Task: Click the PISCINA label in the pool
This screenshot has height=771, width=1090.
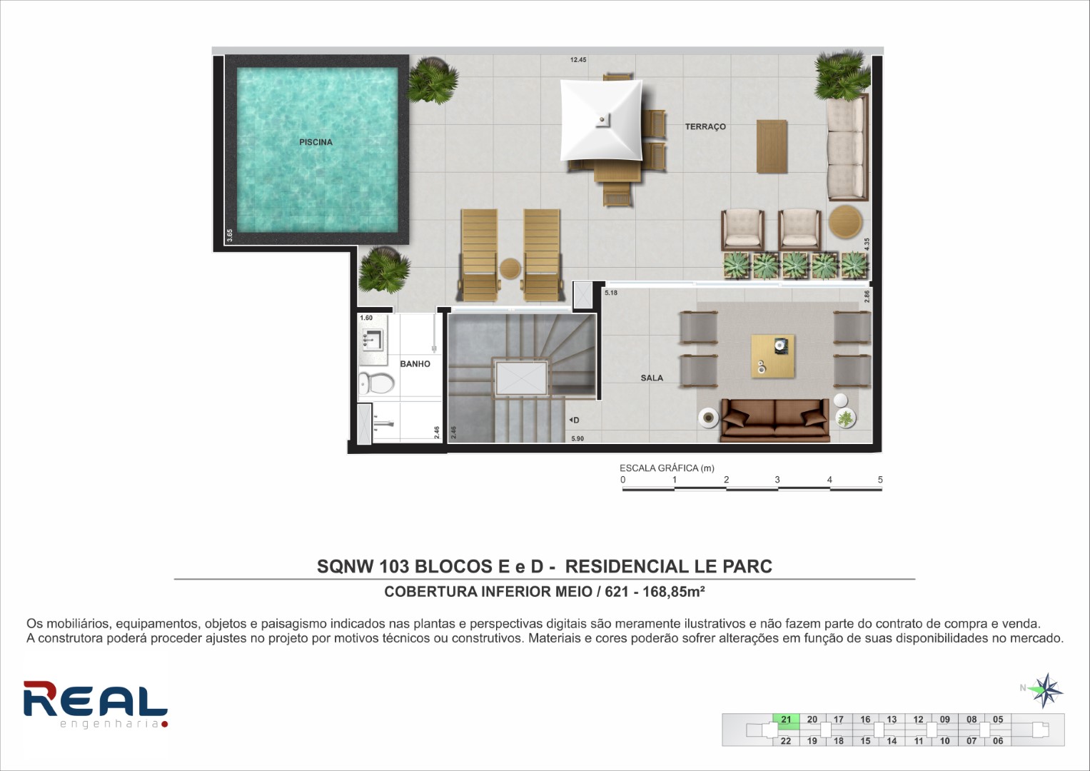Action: click(x=316, y=142)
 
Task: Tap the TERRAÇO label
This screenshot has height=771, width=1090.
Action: click(x=705, y=126)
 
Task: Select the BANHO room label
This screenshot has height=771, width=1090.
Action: click(x=415, y=363)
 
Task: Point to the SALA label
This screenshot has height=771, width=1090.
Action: click(x=652, y=378)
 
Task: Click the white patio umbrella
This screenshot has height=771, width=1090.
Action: click(x=602, y=120)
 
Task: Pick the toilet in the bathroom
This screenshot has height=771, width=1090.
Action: click(x=376, y=383)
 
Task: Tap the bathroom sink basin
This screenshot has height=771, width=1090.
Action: click(x=373, y=339)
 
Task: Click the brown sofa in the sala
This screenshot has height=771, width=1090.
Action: click(x=775, y=420)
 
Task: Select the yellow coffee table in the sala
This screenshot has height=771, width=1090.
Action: click(x=773, y=356)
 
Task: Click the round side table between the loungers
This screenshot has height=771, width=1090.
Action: click(x=510, y=268)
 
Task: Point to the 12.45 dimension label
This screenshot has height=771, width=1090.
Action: click(x=578, y=60)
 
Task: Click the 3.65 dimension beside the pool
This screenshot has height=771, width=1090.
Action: click(x=230, y=235)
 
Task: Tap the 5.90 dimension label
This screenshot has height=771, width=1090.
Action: click(x=577, y=438)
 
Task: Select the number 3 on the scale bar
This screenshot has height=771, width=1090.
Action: click(x=777, y=480)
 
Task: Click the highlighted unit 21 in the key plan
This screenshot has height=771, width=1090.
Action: click(x=786, y=720)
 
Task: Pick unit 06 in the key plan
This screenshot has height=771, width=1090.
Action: click(x=997, y=741)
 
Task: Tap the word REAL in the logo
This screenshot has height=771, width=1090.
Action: click(x=96, y=699)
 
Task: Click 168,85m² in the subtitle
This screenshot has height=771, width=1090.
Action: click(x=673, y=591)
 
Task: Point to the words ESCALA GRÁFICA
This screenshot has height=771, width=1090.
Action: click(x=658, y=468)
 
